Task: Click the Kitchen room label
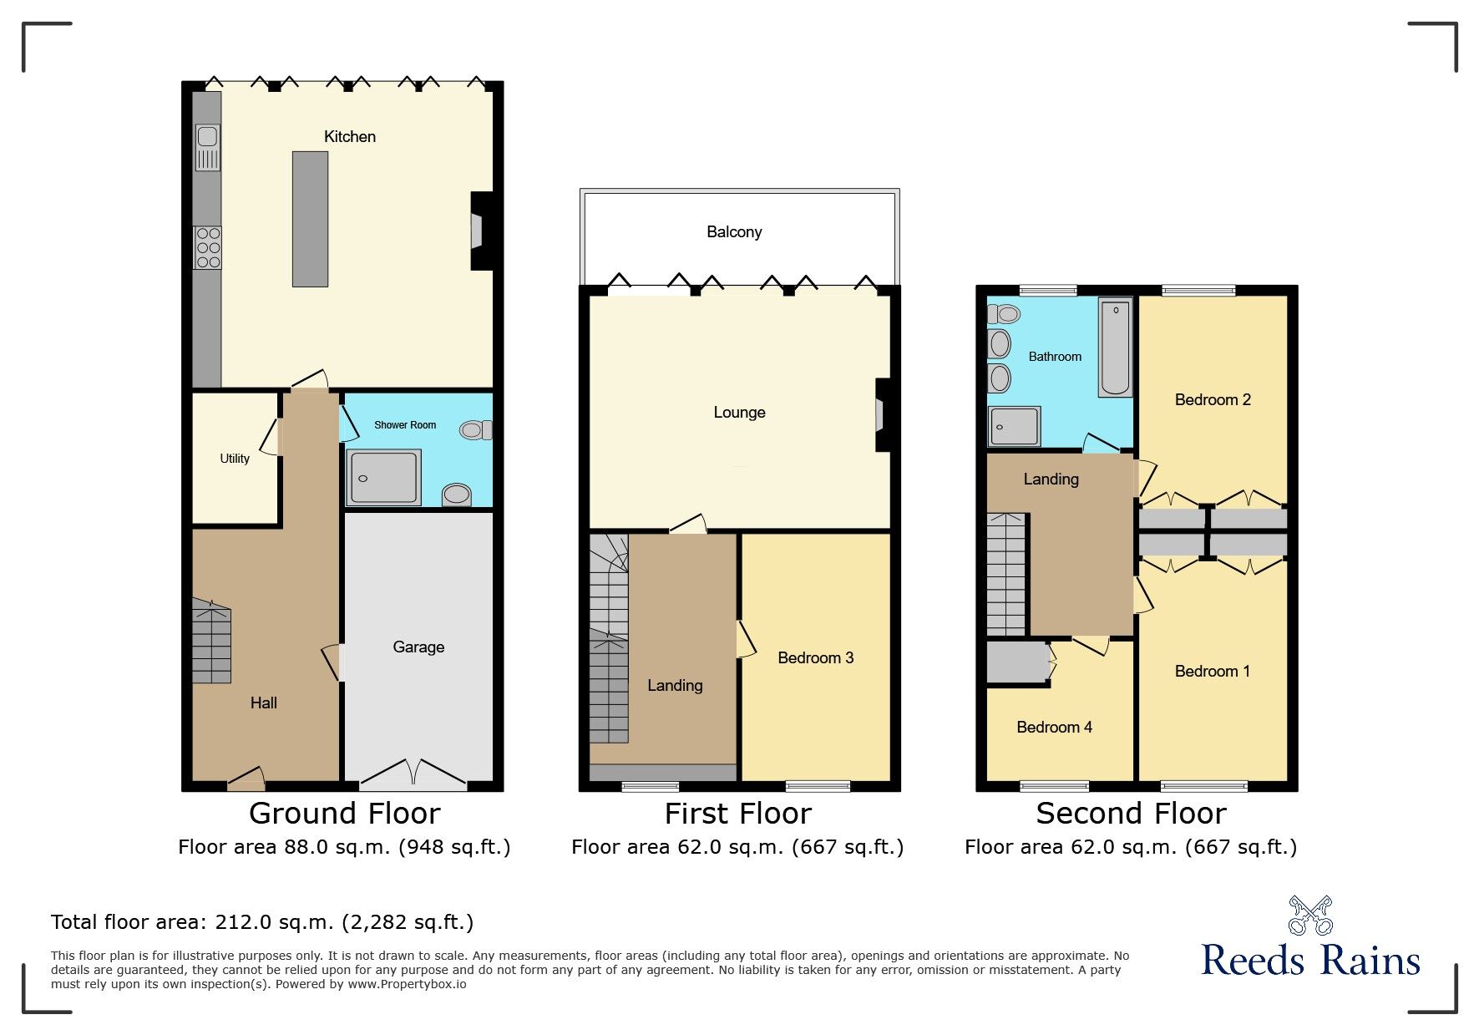(349, 137)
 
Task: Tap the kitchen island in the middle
(310, 219)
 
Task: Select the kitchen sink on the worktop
(208, 146)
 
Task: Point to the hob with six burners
(208, 248)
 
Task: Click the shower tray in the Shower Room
(383, 477)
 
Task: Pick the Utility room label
(235, 459)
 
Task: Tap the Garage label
(418, 647)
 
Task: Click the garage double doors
(413, 776)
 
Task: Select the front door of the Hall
(246, 781)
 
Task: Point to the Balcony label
(734, 232)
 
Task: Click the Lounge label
(739, 413)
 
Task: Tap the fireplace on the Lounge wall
(881, 415)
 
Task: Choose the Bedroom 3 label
(815, 658)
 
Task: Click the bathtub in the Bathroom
(1115, 348)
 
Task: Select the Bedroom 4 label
(1054, 728)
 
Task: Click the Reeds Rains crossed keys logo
(1310, 916)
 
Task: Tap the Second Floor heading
(1131, 814)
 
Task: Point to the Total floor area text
(262, 922)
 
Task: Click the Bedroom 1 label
(1212, 672)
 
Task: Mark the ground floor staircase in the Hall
(212, 642)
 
